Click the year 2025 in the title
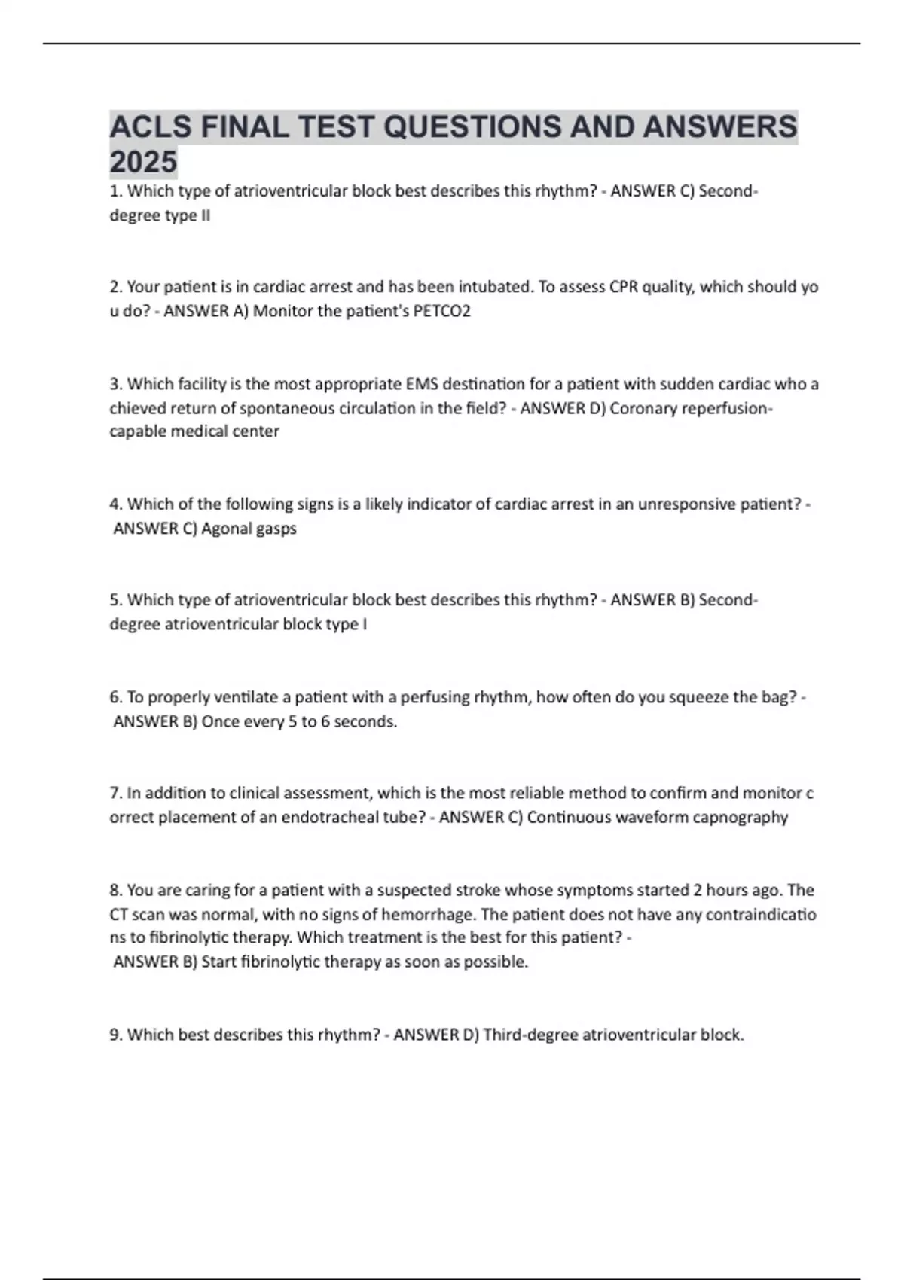coord(143,162)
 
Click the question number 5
coord(116,600)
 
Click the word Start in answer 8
coord(219,962)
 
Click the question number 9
coord(116,1035)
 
